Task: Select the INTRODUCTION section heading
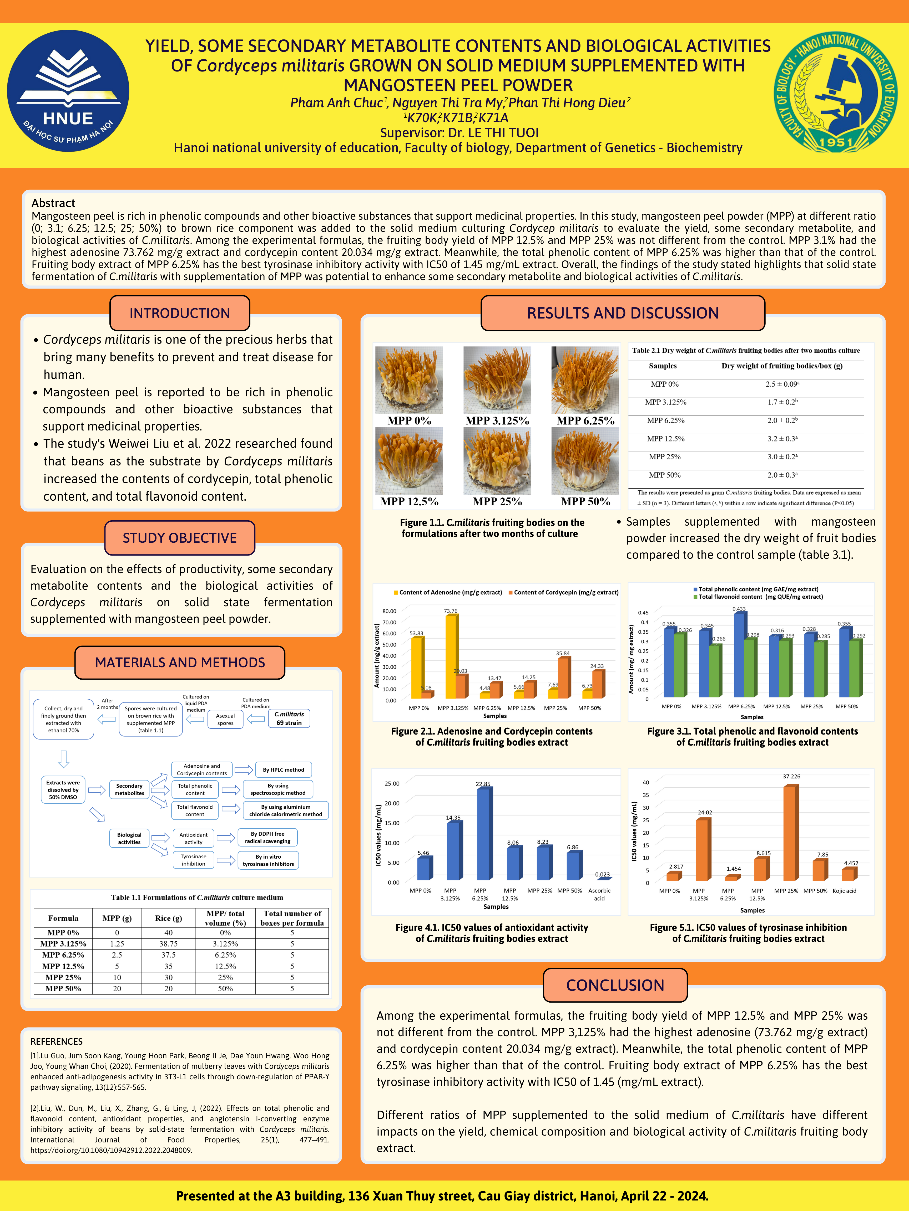[180, 313]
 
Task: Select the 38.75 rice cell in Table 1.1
[168, 944]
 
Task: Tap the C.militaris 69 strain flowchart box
[289, 718]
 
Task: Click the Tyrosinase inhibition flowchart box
[193, 860]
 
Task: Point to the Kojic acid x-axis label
[844, 891]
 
